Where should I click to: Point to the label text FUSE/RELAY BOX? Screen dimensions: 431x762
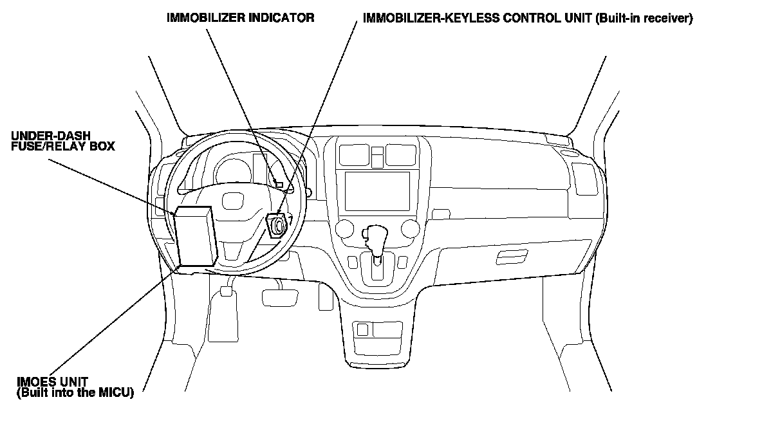click(62, 147)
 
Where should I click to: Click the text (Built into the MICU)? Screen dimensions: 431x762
click(75, 392)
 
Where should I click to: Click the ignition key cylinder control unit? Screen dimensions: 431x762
click(277, 226)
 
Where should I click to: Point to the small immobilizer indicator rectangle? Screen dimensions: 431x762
click(279, 185)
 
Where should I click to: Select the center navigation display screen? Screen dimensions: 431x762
click(376, 190)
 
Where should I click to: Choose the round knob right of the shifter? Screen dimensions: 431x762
click(408, 228)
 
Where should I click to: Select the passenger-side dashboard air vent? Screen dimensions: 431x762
click(584, 178)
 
